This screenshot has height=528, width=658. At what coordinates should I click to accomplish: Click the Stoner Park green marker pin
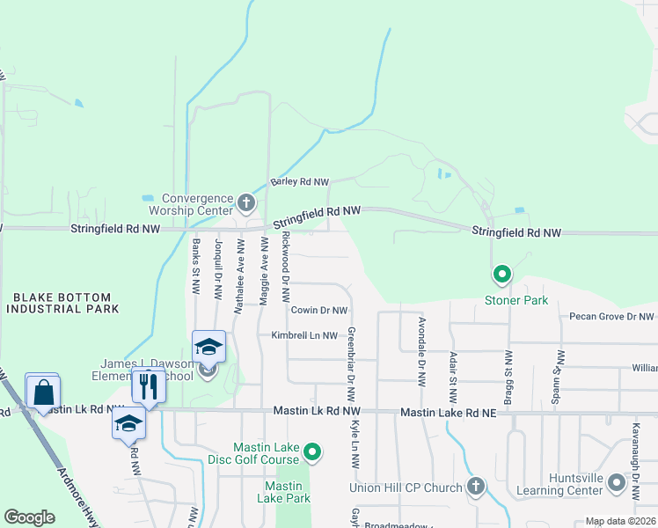(502, 275)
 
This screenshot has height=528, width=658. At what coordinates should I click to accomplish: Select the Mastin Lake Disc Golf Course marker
(311, 453)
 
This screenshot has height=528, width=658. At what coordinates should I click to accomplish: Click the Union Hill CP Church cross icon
(476, 487)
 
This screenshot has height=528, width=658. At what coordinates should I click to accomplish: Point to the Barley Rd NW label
(299, 182)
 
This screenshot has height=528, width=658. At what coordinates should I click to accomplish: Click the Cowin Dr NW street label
(318, 310)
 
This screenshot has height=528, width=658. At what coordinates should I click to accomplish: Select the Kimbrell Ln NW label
(304, 335)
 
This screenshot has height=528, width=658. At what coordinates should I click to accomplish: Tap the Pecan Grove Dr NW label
(611, 316)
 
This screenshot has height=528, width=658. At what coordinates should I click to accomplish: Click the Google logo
(29, 517)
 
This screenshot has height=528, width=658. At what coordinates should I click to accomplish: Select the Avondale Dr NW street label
(422, 343)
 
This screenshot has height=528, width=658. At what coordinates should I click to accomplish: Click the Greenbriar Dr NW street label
(351, 361)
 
